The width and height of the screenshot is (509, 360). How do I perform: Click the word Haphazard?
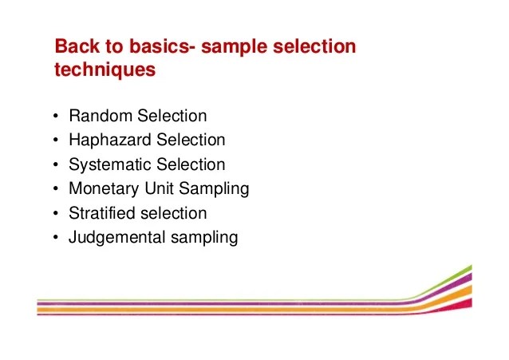pyautogui.click(x=110, y=140)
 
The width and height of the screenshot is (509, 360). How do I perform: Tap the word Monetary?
pyautogui.click(x=101, y=189)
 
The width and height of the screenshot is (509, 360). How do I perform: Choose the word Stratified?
pyautogui.click(x=100, y=213)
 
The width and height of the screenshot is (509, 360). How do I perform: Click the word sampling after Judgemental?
pyautogui.click(x=203, y=238)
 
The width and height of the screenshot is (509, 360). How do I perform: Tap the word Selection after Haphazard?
pyautogui.click(x=191, y=140)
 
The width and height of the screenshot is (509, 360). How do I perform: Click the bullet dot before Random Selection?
pyautogui.click(x=55, y=117)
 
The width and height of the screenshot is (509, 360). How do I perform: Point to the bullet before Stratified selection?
pyautogui.click(x=55, y=214)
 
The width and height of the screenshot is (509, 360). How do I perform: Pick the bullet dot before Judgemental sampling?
pyautogui.click(x=55, y=238)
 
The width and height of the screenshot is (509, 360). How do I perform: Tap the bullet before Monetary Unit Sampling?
pyautogui.click(x=55, y=190)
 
